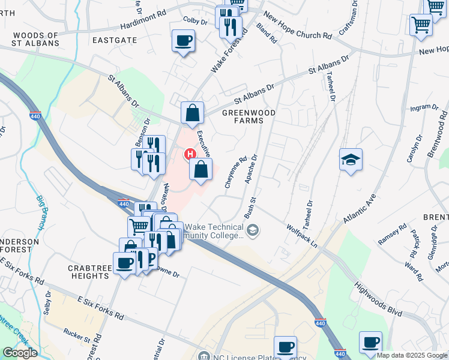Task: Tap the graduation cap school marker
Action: point(351,160)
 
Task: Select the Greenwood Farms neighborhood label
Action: point(243,116)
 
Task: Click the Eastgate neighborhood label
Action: point(115,40)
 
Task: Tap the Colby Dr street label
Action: point(195,21)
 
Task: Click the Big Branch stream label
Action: point(41,211)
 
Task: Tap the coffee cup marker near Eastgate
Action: point(183,41)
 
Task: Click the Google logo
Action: point(20,353)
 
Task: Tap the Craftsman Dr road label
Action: point(348,17)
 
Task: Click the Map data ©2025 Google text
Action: point(411,355)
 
